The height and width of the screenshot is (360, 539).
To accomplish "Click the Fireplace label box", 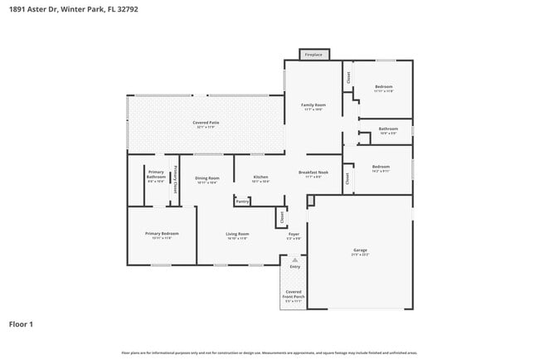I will click(x=313, y=55).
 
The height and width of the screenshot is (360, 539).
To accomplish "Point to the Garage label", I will click(x=361, y=250).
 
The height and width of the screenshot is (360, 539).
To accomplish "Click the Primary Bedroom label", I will click(x=162, y=234).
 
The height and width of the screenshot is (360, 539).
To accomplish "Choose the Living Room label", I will click(x=237, y=234).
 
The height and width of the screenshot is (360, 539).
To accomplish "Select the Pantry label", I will click(x=242, y=201).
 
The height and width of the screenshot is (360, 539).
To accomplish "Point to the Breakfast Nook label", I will click(x=313, y=173).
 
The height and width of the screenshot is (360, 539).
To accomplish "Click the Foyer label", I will click(x=294, y=234).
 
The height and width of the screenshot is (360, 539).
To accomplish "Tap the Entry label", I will click(x=294, y=266).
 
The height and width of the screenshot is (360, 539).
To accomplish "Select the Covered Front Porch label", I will click(x=294, y=294).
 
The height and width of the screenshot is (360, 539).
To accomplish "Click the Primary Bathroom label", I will click(x=156, y=174).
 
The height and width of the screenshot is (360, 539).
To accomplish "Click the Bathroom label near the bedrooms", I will click(x=388, y=129).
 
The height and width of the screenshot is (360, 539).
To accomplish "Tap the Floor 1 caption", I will click(x=22, y=324).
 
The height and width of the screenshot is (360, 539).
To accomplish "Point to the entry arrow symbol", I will click(x=294, y=259).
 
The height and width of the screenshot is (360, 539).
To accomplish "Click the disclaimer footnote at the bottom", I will click(x=269, y=353).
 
